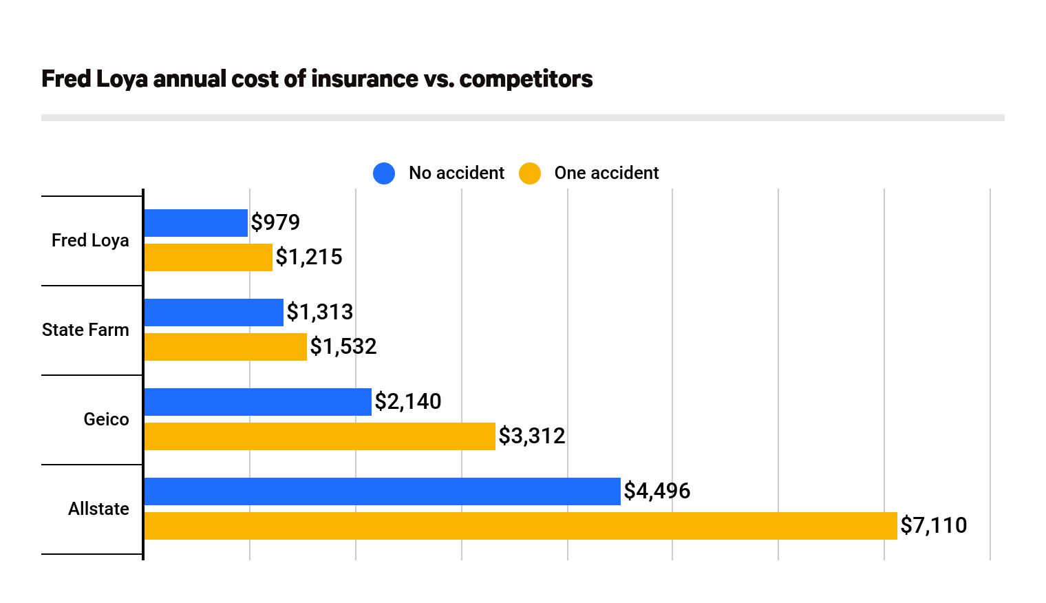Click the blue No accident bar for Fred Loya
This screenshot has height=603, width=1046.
click(195, 223)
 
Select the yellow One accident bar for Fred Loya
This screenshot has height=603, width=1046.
click(208, 257)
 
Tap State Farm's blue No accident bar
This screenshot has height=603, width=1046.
click(213, 313)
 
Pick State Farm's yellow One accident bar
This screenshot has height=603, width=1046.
click(225, 347)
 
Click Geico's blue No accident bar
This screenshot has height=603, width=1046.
click(257, 402)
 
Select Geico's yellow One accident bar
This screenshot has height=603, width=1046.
click(319, 436)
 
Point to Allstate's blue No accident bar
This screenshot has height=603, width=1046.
click(382, 491)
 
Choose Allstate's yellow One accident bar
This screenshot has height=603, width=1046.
click(520, 526)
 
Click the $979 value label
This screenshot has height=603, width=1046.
click(275, 222)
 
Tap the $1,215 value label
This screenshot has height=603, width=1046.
click(309, 257)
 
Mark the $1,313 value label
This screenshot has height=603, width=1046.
click(320, 312)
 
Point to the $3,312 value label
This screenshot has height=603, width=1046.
click(532, 436)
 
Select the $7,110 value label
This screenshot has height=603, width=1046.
click(934, 525)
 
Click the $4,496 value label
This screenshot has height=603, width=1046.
click(657, 491)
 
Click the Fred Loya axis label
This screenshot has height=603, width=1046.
click(90, 240)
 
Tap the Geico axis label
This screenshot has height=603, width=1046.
click(106, 419)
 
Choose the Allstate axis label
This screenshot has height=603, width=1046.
click(98, 509)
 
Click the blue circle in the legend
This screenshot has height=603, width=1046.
click(384, 173)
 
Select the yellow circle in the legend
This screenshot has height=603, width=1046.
click(530, 173)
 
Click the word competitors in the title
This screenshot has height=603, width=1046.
click(526, 79)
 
